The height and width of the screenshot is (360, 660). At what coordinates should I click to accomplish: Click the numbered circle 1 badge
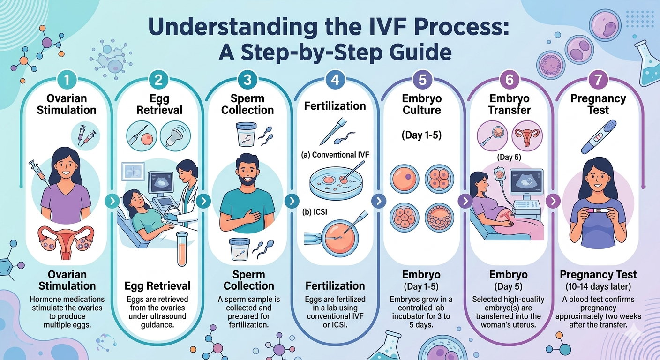(x=67, y=80)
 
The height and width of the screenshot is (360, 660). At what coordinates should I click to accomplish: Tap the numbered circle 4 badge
(x=335, y=80)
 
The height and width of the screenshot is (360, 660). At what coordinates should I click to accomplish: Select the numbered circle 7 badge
(x=598, y=80)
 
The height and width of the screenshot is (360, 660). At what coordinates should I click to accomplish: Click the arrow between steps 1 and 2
(x=112, y=202)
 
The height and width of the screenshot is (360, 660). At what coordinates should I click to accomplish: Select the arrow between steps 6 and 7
(x=553, y=201)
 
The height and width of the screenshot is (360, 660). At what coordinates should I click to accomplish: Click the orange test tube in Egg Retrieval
(x=182, y=248)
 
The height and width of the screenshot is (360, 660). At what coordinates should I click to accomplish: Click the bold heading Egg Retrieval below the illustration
(x=157, y=285)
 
